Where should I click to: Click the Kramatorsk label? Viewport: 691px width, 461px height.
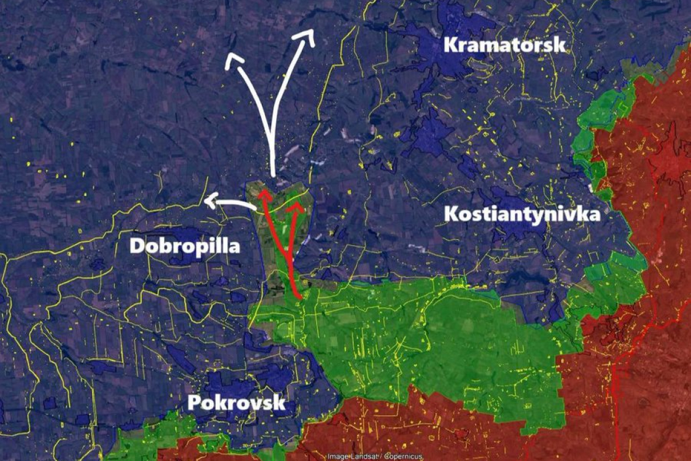[x=505, y=45]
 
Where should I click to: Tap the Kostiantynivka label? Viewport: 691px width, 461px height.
[x=522, y=214]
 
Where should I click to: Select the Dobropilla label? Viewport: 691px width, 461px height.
[x=185, y=246]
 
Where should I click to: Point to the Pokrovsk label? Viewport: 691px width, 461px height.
[x=236, y=402]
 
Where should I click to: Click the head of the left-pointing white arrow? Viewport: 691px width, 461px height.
[x=209, y=201]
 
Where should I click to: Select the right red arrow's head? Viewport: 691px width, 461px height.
[x=296, y=207]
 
